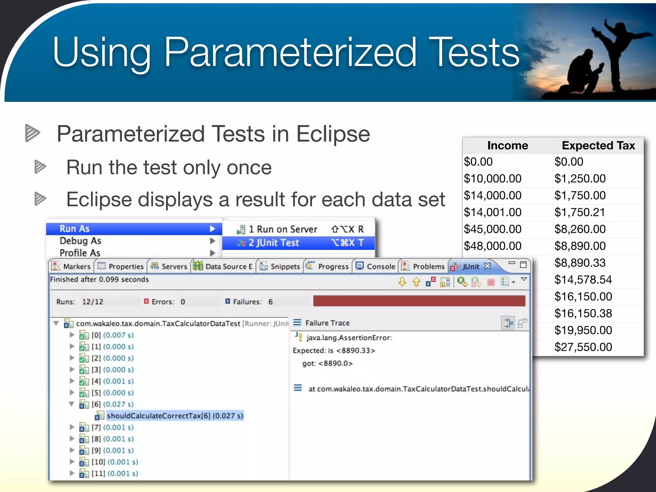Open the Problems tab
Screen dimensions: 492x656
click(423, 266)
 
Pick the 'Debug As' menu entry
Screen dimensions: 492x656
click(80, 241)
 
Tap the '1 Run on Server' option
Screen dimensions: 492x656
click(283, 229)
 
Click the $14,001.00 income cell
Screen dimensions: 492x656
click(493, 212)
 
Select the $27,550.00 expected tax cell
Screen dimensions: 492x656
click(583, 347)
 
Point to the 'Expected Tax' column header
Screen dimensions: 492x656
click(598, 146)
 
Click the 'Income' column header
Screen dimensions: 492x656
click(507, 146)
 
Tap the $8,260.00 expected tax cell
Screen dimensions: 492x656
click(580, 229)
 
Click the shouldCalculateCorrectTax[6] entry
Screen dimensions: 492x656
click(175, 416)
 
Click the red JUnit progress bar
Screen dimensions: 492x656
click(419, 301)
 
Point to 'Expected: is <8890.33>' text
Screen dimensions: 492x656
click(334, 350)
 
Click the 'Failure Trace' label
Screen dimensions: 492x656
click(327, 323)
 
